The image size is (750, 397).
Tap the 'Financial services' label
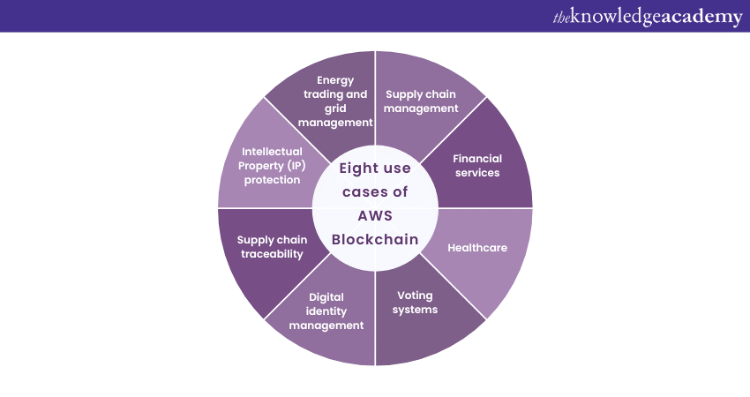point(476,165)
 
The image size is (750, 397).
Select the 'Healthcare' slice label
point(477,247)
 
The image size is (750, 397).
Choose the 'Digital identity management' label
point(326,311)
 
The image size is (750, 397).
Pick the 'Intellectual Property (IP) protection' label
point(272,165)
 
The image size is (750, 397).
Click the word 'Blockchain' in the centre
point(375,239)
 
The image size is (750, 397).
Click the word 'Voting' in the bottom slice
point(416,295)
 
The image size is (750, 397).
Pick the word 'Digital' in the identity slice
point(326,296)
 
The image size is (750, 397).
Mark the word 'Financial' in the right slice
point(476,158)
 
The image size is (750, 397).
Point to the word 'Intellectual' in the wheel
point(272,151)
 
